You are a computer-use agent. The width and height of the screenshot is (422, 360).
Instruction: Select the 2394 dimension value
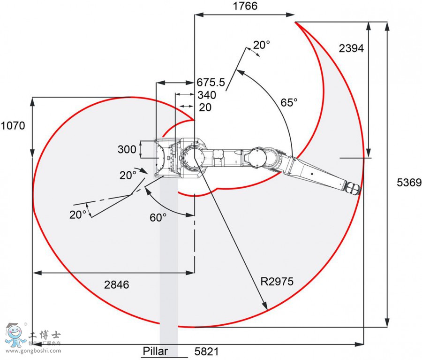pos(351,48)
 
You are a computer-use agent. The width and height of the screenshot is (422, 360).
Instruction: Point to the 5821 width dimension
pos(206,351)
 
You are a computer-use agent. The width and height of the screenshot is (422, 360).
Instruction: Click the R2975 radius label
pos(277,282)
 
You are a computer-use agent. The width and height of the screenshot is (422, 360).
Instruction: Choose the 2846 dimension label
pos(116,284)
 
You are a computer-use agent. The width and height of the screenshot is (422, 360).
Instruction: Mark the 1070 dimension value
pos(13,125)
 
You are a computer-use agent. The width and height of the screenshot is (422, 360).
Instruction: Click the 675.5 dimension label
pos(211,83)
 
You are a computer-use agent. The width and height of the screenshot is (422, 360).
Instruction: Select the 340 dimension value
pos(206,95)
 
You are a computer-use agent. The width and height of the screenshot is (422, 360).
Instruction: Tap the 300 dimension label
pos(126,150)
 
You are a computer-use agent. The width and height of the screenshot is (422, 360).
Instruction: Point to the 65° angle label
pos(289,102)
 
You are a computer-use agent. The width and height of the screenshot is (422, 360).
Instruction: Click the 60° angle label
pos(158,218)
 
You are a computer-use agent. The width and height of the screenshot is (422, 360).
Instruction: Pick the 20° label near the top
pos(262,45)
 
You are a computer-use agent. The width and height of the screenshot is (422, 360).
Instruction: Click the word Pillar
pos(158,351)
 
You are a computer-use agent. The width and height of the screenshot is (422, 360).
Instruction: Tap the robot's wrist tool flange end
pos(354,188)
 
